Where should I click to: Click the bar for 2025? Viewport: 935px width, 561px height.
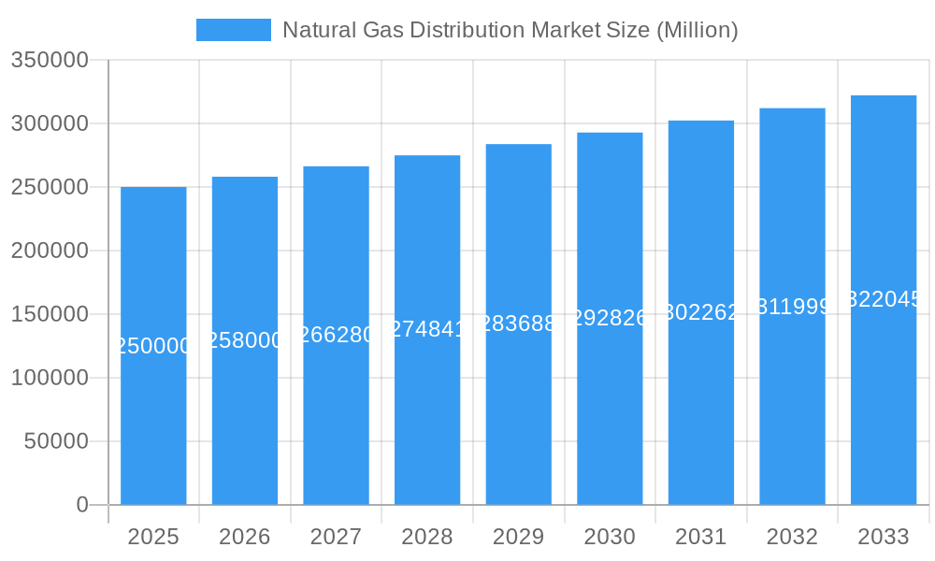point(153,421)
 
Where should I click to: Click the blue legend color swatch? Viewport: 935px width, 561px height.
point(233,30)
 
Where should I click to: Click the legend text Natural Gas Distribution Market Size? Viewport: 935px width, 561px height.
point(510,30)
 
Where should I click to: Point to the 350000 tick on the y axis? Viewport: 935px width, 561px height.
point(50,61)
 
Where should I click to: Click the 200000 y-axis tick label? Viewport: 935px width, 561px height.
point(50,251)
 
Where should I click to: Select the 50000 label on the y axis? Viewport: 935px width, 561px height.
point(55,441)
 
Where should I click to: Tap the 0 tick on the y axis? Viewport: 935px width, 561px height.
point(82,505)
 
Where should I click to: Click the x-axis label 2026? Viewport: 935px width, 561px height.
point(245,537)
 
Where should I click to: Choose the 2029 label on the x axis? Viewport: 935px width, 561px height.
point(518,537)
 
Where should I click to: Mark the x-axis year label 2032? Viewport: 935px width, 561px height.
point(792,537)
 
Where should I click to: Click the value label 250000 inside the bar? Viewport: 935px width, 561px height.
point(153,346)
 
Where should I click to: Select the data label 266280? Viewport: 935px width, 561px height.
point(336,335)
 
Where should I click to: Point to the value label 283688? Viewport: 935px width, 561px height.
point(518,324)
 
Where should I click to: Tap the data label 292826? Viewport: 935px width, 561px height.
point(610,318)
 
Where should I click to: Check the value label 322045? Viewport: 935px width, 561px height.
point(884,299)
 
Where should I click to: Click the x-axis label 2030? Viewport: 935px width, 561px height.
point(610,537)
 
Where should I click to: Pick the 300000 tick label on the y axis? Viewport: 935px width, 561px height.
point(50,123)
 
